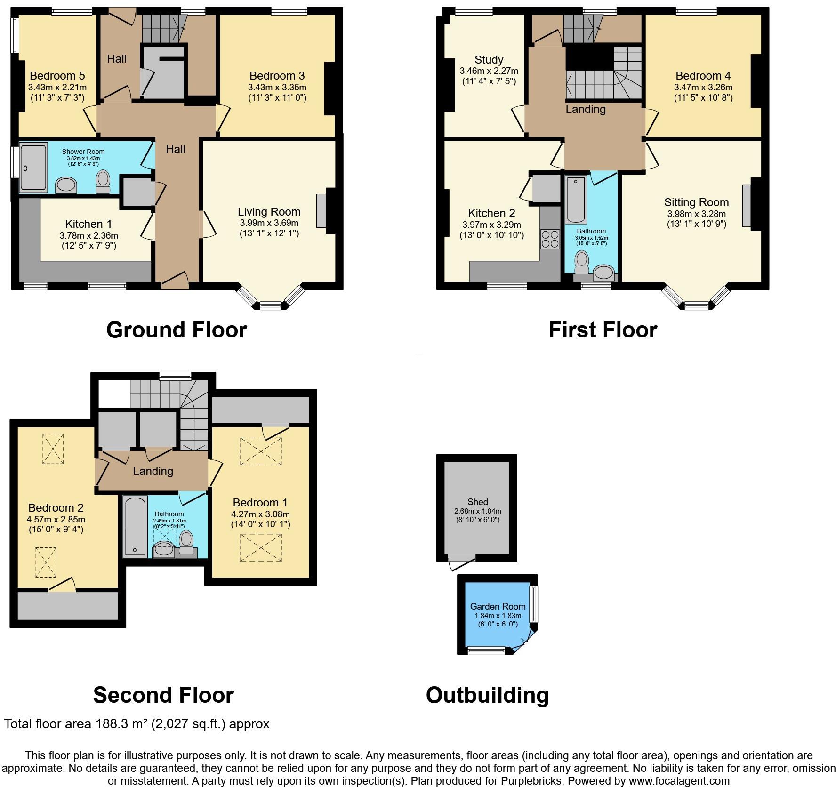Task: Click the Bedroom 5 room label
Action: tap(57, 76)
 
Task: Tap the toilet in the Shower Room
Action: tap(103, 182)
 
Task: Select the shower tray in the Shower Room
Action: tap(33, 168)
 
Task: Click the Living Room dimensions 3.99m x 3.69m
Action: tap(268, 223)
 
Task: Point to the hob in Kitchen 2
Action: tap(550, 238)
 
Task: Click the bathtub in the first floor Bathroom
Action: tap(576, 200)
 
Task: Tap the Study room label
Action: tap(489, 60)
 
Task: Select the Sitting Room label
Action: tap(696, 202)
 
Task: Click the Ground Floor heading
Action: tap(177, 329)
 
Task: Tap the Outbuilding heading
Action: tap(487, 695)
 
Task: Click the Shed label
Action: tap(477, 502)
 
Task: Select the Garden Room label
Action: tap(498, 606)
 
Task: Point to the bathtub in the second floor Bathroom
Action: tap(136, 526)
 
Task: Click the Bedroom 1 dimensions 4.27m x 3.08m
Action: tap(260, 514)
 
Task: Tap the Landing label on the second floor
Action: tap(153, 471)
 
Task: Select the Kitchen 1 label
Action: tap(88, 224)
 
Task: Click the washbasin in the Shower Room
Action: tap(66, 185)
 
